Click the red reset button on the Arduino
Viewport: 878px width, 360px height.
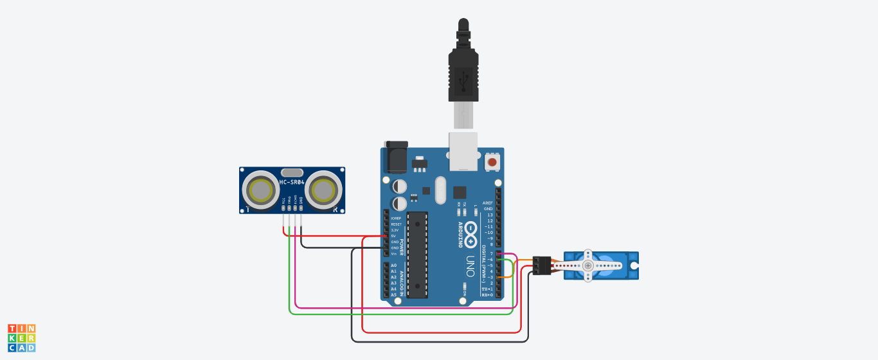pyautogui.click(x=492, y=162)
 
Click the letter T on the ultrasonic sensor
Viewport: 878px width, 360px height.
pyautogui.click(x=248, y=209)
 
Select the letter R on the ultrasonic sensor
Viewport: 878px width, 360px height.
pyautogui.click(x=335, y=209)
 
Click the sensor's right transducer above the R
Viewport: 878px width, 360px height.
pyautogui.click(x=323, y=190)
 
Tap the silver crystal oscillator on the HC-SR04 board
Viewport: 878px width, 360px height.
pyautogui.click(x=292, y=172)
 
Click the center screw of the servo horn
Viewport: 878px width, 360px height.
pyautogui.click(x=587, y=265)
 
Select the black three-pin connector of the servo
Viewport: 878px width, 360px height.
pyautogui.click(x=542, y=265)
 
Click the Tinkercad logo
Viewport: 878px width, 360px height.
pyautogui.click(x=22, y=337)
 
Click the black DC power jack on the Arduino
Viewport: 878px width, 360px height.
pyautogui.click(x=396, y=156)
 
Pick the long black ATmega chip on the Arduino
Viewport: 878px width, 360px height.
pyautogui.click(x=417, y=255)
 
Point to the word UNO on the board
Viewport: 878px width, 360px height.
pyautogui.click(x=470, y=264)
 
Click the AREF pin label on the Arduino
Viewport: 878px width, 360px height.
pyautogui.click(x=488, y=203)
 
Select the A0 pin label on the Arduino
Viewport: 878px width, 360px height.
pyautogui.click(x=393, y=265)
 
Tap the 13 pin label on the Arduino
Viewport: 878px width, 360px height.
pyautogui.click(x=490, y=215)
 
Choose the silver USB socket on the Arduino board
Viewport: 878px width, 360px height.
pyautogui.click(x=463, y=152)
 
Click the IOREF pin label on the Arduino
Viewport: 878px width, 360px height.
pyautogui.click(x=395, y=218)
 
